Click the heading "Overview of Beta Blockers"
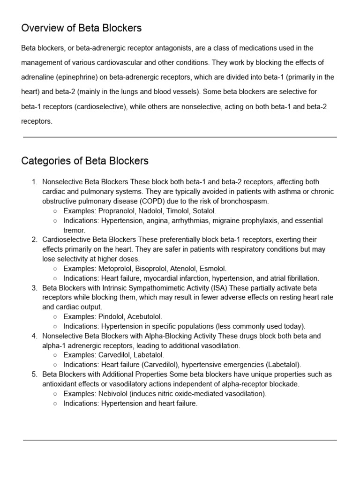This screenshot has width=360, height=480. pyautogui.click(x=81, y=28)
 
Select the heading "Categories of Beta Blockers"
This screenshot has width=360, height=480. pyautogui.click(x=85, y=161)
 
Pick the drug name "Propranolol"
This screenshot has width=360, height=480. pyautogui.click(x=117, y=211)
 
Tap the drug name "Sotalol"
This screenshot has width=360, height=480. pyautogui.click(x=204, y=211)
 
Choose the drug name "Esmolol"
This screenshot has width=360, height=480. pyautogui.click(x=213, y=269)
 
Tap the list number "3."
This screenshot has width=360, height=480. pyautogui.click(x=34, y=287)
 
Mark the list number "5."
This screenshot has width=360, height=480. pyautogui.click(x=34, y=375)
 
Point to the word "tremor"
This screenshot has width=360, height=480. pyautogui.click(x=74, y=230)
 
